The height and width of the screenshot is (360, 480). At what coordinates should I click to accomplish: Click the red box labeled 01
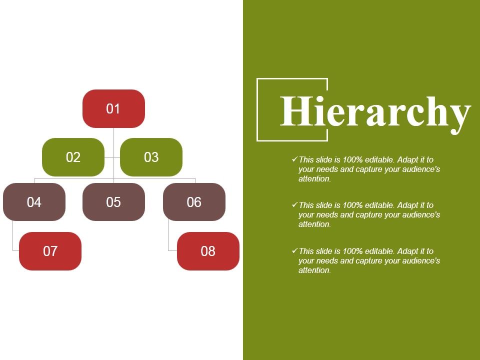point(113,108)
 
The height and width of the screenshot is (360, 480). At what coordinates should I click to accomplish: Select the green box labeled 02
point(73,157)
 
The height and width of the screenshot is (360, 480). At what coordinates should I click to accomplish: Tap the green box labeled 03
point(151,157)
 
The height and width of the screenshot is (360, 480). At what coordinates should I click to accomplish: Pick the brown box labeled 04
point(34,202)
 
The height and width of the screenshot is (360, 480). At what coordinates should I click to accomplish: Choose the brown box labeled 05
point(113,202)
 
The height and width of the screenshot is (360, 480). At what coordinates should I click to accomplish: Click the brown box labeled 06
point(194,202)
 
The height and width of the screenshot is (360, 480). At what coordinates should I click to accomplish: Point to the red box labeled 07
point(50,251)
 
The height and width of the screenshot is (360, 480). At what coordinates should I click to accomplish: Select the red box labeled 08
point(208,251)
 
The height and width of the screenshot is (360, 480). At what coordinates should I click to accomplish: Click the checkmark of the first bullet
point(294,159)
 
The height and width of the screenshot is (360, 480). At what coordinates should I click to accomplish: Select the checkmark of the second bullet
point(294,205)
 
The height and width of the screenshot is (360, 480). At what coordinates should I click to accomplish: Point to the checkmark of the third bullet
point(294,251)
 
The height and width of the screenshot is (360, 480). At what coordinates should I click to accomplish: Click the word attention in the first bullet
point(314,179)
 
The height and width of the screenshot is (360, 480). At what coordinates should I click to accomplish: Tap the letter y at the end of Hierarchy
point(458,115)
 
